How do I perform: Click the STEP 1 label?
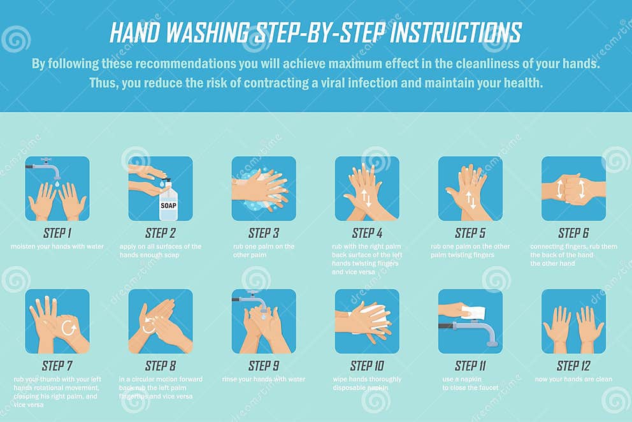click(57, 233)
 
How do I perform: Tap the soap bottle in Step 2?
click(168, 202)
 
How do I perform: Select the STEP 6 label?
click(573, 233)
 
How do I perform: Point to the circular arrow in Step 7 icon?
click(68, 328)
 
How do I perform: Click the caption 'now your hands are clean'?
click(573, 379)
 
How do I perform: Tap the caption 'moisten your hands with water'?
click(57, 247)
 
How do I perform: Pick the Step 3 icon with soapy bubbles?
click(263, 189)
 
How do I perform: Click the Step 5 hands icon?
click(470, 189)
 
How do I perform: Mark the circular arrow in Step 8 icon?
click(148, 326)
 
